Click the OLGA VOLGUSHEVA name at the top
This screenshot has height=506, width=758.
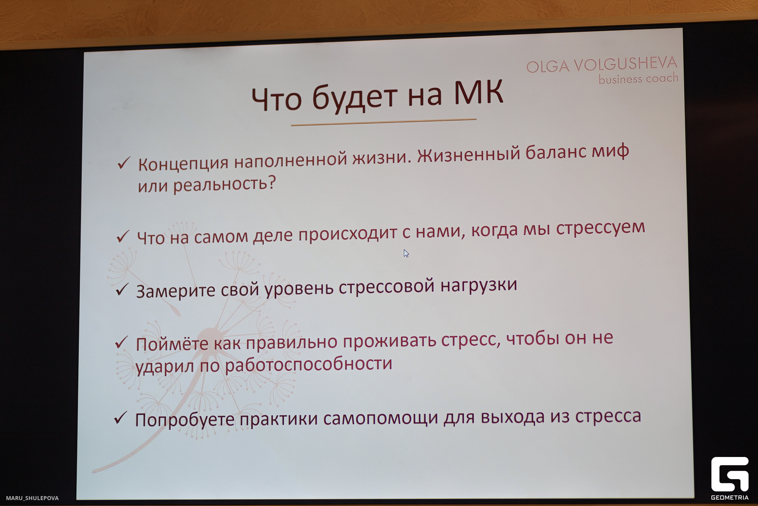(602, 64)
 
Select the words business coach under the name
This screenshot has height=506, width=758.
(638, 79)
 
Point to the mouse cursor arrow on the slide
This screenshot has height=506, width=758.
(406, 253)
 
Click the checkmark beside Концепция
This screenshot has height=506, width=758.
(124, 162)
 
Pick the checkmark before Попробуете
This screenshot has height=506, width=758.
(120, 417)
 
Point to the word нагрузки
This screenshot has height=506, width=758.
(478, 285)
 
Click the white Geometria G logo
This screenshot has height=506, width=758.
(730, 474)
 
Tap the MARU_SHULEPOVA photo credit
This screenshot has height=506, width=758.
(32, 498)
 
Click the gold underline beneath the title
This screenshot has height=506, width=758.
(383, 122)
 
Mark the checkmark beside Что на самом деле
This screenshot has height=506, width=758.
(123, 236)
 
